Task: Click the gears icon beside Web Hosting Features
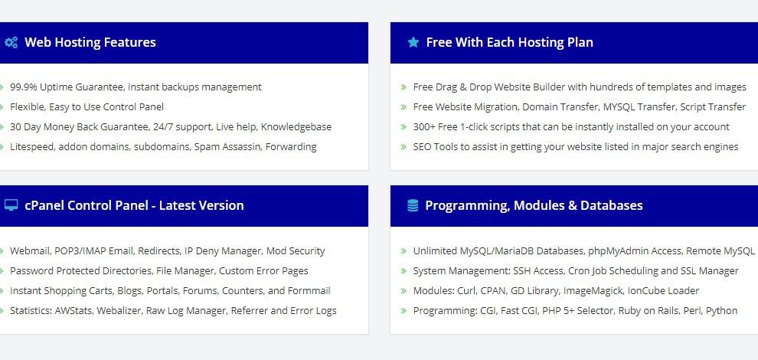pos(11,42)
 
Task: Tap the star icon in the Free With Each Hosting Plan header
pos(413,42)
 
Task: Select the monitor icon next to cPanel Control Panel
pos(11,205)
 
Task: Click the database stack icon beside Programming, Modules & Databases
pos(413,205)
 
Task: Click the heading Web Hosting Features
pos(90,42)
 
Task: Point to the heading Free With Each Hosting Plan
pos(509,42)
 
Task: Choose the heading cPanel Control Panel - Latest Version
pos(134,205)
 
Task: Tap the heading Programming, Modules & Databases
pos(534,205)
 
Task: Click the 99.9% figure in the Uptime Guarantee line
pos(24,87)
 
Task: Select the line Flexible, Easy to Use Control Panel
pos(87,107)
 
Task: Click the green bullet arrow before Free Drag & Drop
pos(404,87)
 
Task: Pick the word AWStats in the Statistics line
pos(74,311)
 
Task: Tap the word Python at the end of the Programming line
pos(722,311)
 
